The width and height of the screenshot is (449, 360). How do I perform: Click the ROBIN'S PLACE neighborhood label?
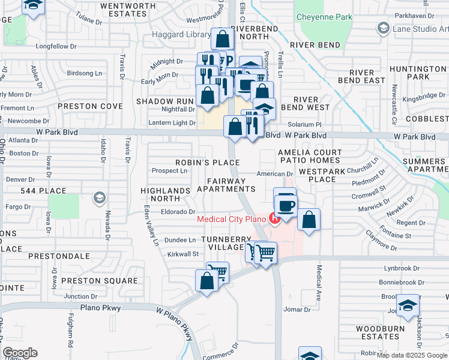(x=207, y=163)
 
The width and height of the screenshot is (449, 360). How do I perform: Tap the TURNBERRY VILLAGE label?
(x=225, y=244)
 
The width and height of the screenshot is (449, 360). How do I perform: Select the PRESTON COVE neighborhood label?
(x=90, y=106)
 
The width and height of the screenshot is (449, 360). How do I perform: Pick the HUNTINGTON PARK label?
(x=418, y=73)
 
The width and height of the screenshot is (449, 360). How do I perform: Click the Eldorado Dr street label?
(x=178, y=212)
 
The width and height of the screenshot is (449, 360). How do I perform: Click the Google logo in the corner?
(x=20, y=352)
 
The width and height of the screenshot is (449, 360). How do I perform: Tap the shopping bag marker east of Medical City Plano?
(x=309, y=219)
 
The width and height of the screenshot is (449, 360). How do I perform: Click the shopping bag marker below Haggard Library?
(x=222, y=40)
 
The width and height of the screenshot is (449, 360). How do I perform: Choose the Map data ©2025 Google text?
(x=412, y=355)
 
